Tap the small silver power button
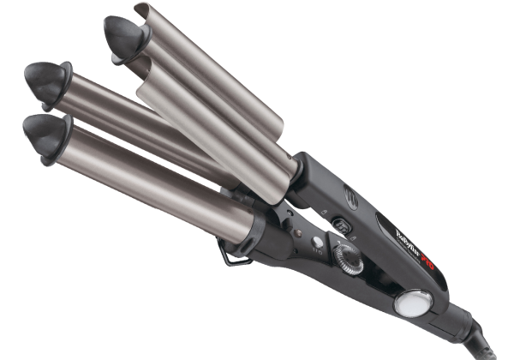[x=318, y=242]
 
